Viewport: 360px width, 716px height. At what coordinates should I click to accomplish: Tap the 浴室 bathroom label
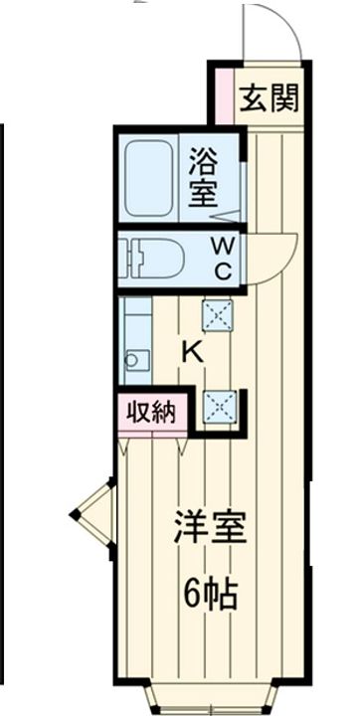203,177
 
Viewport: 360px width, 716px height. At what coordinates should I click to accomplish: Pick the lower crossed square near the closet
217,405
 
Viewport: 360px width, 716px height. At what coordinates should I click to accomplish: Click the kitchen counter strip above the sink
133,323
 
